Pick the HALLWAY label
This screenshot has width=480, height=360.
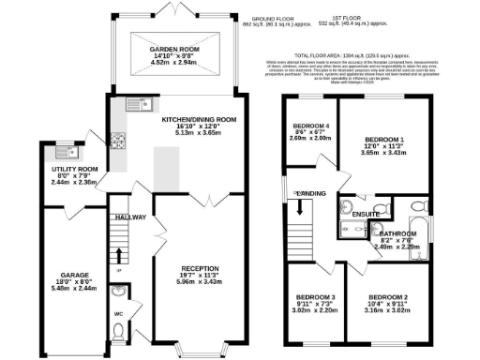coord(129,217)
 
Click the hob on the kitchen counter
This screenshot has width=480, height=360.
coord(119,142)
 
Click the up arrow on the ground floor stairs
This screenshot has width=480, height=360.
coord(119,254)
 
